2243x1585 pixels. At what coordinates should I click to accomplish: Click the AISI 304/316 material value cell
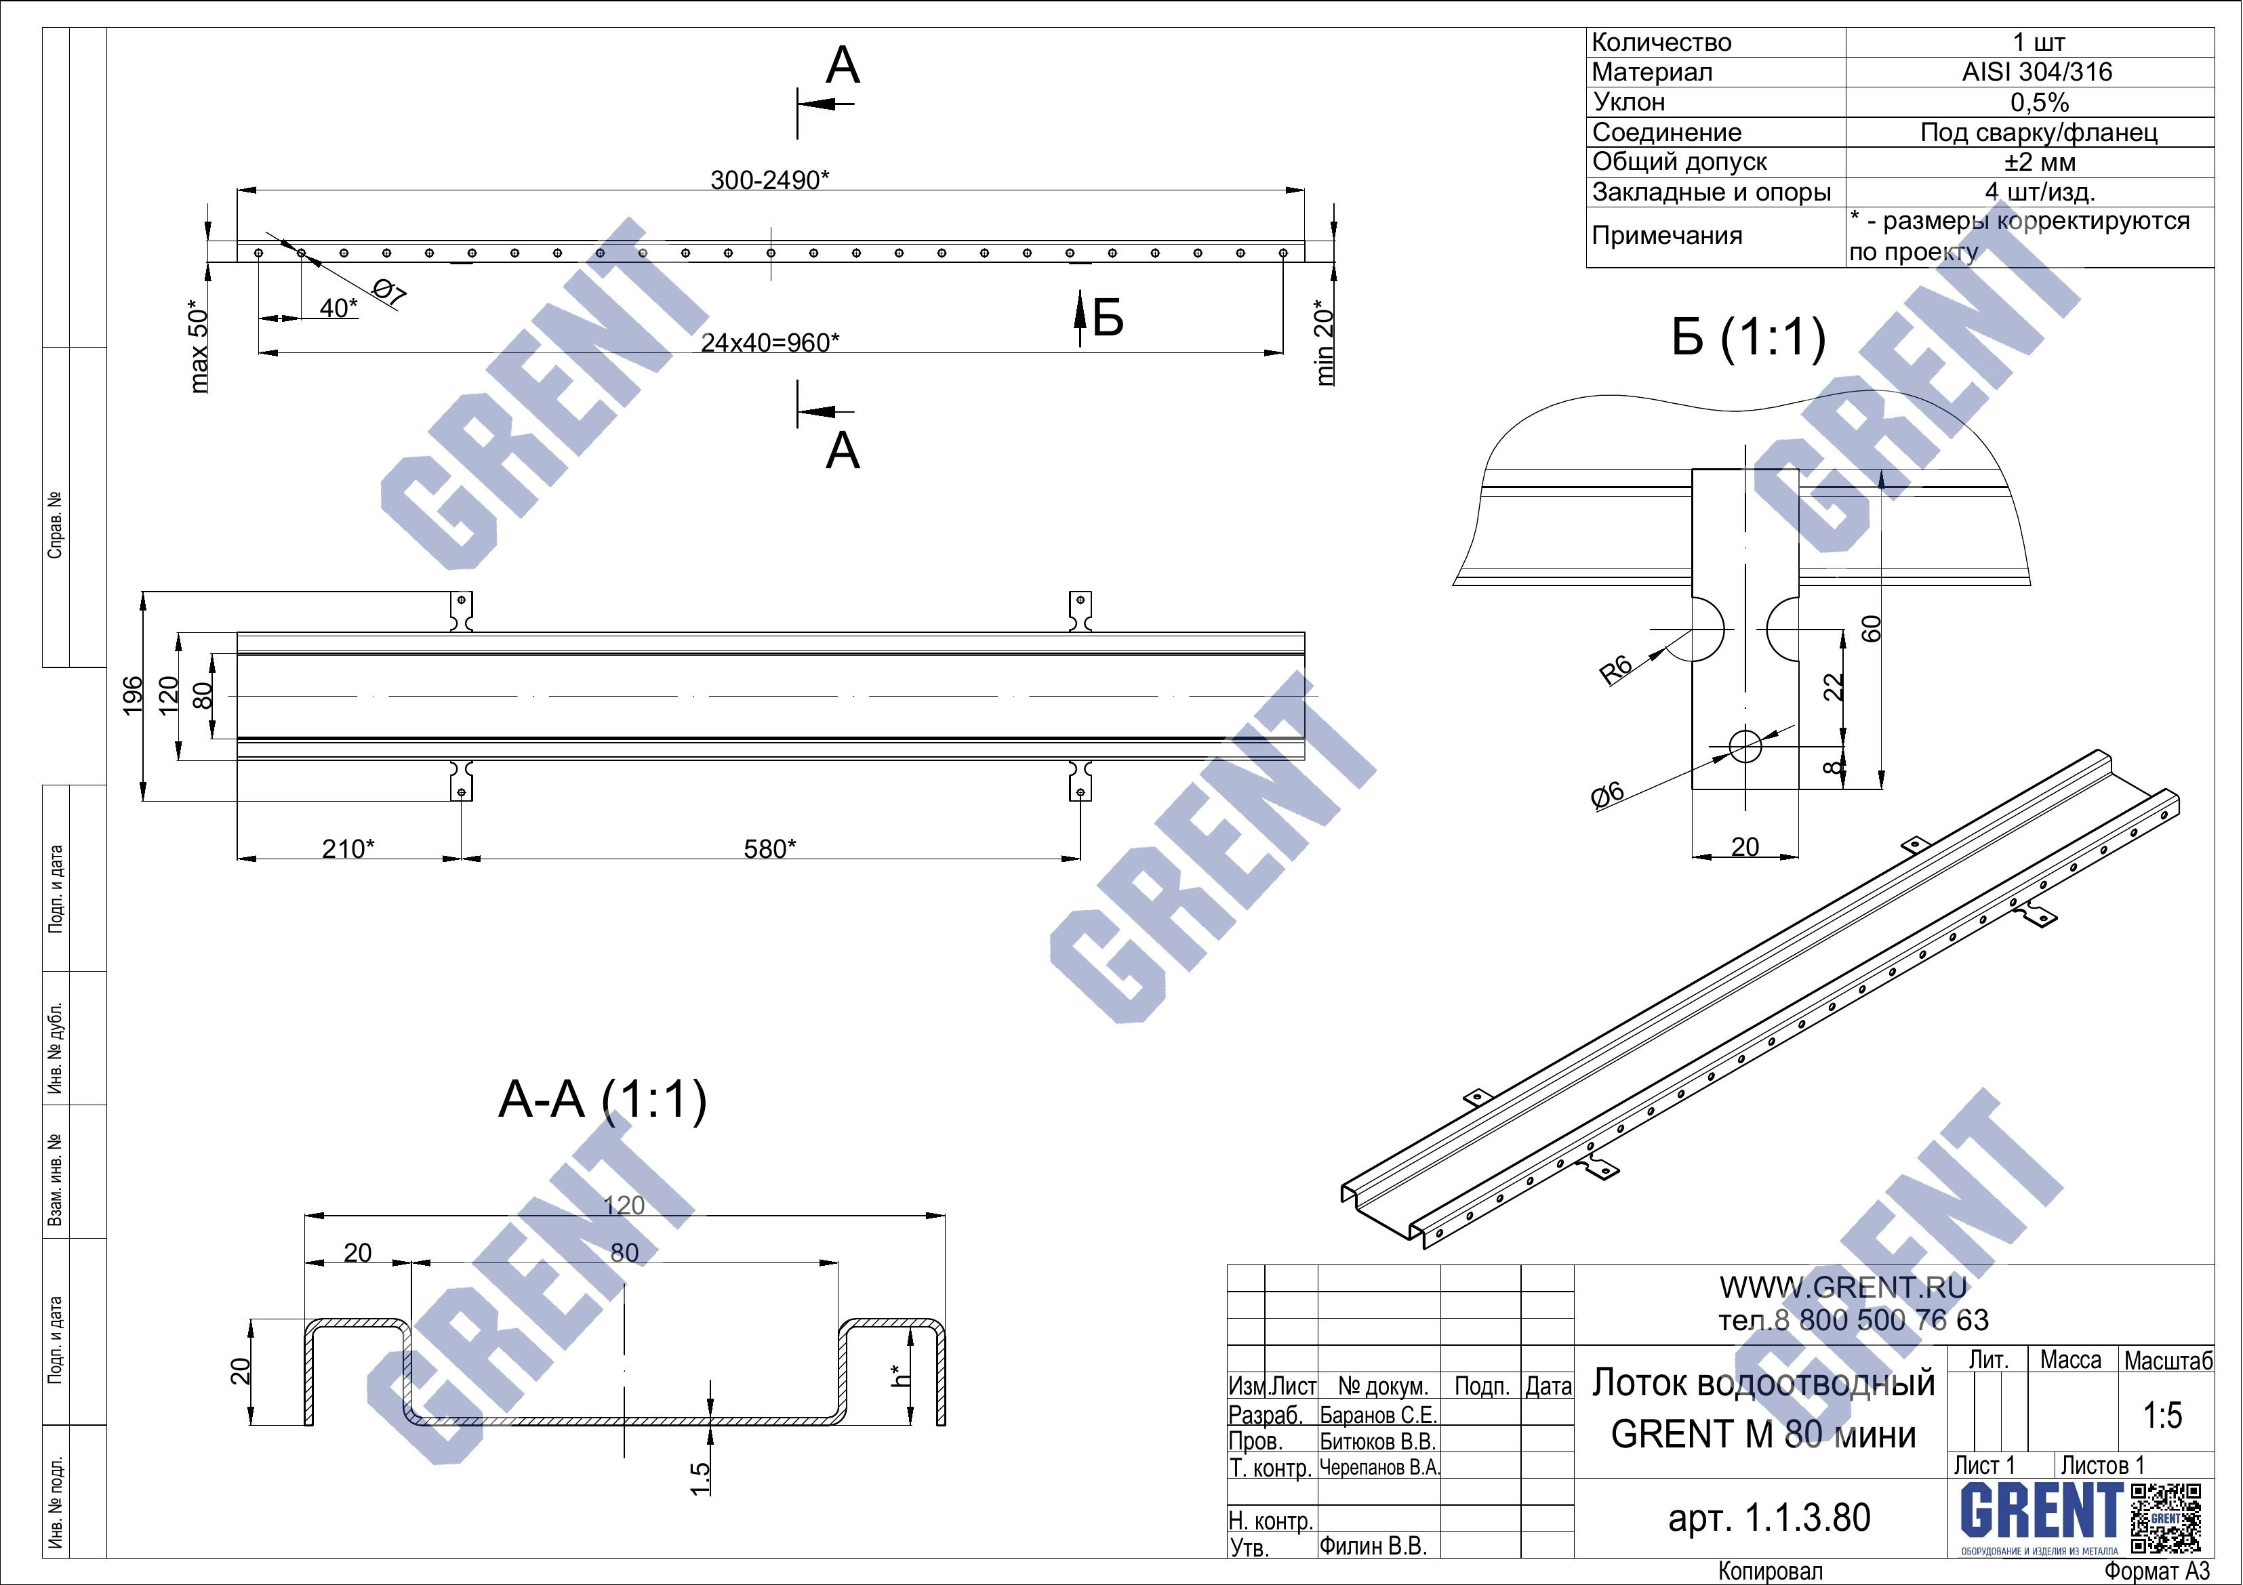(x=2037, y=73)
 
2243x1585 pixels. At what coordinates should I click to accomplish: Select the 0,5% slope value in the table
(x=2040, y=102)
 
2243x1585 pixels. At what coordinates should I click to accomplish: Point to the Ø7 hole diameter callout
(x=389, y=292)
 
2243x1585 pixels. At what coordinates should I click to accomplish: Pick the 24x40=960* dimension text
(x=771, y=343)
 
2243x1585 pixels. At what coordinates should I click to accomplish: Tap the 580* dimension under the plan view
(x=770, y=848)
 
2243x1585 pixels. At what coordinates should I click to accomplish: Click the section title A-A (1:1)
(x=603, y=1100)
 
